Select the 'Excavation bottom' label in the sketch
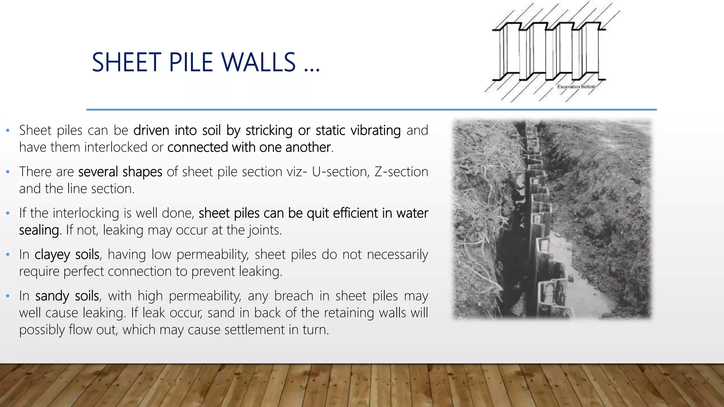pos(576,87)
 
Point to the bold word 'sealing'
pos(39,230)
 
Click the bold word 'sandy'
pos(52,296)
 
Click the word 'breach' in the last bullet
pos(293,296)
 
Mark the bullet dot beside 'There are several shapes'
pos(8,172)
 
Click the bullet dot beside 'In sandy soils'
pos(8,296)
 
